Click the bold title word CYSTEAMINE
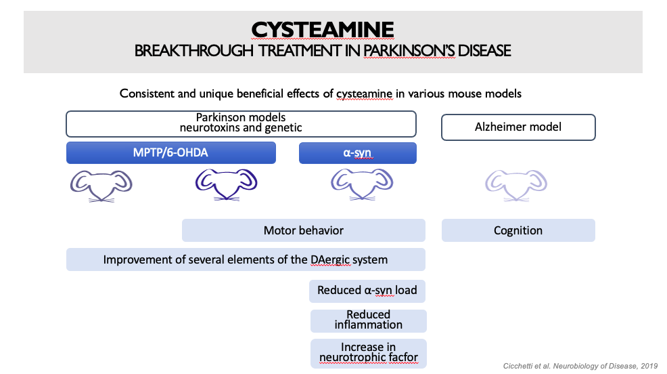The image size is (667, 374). coord(323,30)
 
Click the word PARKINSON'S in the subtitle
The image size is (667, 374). coord(409,51)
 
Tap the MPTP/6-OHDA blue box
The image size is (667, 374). coord(171,152)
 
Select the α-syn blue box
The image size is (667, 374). coord(358,152)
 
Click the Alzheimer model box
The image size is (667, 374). coord(518,127)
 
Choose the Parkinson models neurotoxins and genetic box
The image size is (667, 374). coord(241,123)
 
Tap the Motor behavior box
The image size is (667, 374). coord(304,230)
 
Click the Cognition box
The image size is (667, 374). coord(518,230)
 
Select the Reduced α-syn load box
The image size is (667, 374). coord(367,291)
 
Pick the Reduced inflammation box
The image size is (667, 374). coord(369,320)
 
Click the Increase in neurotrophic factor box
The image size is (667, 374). coord(369,353)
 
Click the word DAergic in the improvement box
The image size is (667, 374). coord(331,260)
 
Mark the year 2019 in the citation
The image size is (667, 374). coord(649,366)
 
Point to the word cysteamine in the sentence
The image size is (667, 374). coord(364,93)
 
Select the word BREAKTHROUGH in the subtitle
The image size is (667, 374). coord(194,51)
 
